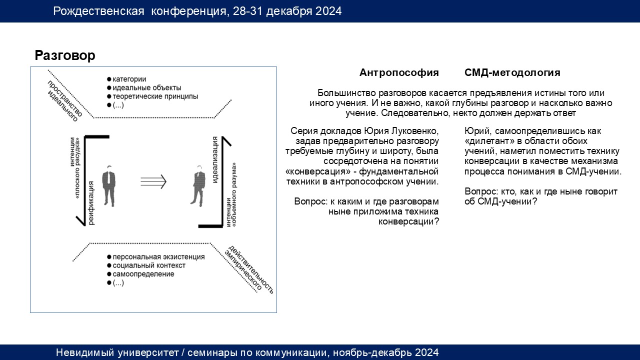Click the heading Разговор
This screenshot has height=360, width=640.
coord(65,55)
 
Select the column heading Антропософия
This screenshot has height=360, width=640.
coord(399,73)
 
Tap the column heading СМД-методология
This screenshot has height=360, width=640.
coord(512,72)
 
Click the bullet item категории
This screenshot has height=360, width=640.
coord(126,79)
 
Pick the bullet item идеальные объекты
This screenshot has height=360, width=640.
coord(144,87)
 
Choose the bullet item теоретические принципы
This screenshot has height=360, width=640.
coord(152,96)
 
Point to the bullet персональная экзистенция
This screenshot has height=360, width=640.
coord(155,257)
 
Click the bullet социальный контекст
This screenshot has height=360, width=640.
coord(146,265)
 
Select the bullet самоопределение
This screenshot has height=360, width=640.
coord(140,274)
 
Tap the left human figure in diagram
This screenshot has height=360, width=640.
coord(109,185)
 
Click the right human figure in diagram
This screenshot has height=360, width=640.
coord(198,185)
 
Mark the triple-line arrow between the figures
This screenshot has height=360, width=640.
coord(153,181)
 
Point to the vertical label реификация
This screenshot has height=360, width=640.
coord(91,203)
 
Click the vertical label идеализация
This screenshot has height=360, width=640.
coord(215,159)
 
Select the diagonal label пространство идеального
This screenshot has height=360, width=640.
coord(64,101)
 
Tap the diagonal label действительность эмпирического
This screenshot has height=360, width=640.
coord(249,269)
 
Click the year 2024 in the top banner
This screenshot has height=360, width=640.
coord(328,11)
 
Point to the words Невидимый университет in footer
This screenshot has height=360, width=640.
coord(117,352)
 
